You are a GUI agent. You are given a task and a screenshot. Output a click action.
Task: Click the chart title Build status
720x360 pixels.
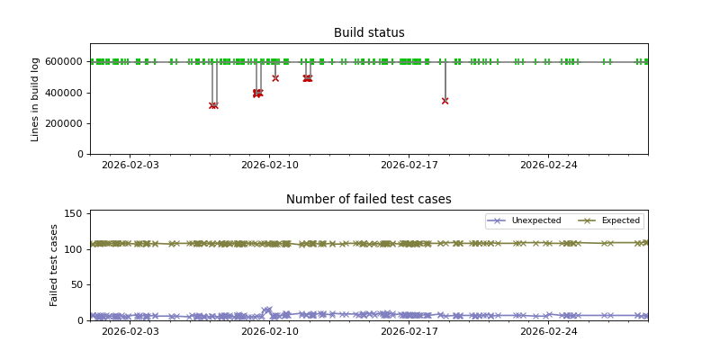click(x=369, y=33)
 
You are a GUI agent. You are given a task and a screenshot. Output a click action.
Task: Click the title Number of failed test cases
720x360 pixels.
click(x=369, y=200)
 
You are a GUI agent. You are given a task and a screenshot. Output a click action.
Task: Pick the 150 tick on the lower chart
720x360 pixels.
click(x=74, y=213)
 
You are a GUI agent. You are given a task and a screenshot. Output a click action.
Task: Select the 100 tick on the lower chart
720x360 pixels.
click(x=74, y=248)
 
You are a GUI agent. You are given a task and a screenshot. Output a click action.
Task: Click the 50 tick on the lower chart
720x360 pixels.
click(x=76, y=284)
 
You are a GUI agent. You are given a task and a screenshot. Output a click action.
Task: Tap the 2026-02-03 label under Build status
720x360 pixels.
click(x=130, y=165)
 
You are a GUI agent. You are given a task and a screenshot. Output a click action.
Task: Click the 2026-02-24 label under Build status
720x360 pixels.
click(x=549, y=165)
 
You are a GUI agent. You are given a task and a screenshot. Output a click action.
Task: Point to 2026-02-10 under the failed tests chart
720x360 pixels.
click(x=270, y=331)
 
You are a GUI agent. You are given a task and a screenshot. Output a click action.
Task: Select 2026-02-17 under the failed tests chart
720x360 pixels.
click(x=409, y=331)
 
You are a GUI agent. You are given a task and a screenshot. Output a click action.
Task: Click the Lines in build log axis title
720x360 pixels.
click(x=36, y=99)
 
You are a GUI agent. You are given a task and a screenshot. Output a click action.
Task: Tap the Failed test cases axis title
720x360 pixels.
click(x=54, y=265)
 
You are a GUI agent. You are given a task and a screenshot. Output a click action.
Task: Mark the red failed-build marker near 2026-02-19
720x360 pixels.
click(x=445, y=101)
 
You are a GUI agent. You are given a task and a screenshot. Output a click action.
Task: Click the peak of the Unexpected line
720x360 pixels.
click(x=267, y=310)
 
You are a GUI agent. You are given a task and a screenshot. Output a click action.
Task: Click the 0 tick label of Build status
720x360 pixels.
click(x=81, y=154)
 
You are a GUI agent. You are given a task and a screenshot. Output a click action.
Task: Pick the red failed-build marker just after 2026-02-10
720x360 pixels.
click(x=275, y=78)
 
